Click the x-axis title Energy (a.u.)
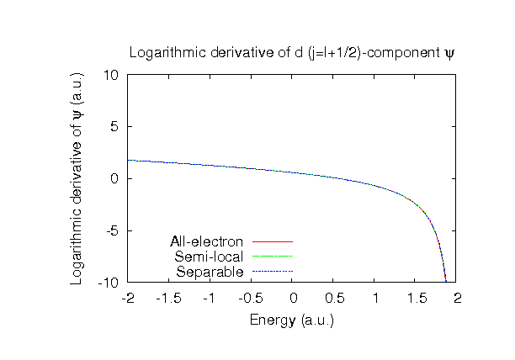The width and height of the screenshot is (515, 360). pyautogui.click(x=291, y=320)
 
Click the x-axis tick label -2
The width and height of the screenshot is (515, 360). pyautogui.click(x=128, y=298)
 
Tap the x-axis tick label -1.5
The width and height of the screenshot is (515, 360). pyautogui.click(x=169, y=298)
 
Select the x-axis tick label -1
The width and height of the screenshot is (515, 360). pyautogui.click(x=210, y=298)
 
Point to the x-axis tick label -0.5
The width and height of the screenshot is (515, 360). pyautogui.click(x=252, y=298)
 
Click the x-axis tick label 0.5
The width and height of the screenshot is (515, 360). pyautogui.click(x=333, y=298)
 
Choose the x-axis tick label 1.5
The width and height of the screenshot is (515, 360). pyautogui.click(x=416, y=298)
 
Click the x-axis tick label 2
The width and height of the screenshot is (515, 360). pyautogui.click(x=457, y=298)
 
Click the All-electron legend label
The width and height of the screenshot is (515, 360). pyautogui.click(x=206, y=242)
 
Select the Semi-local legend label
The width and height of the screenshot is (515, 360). pyautogui.click(x=209, y=257)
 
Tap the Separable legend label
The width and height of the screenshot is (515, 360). pyautogui.click(x=210, y=272)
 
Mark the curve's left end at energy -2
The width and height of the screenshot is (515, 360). pyautogui.click(x=129, y=160)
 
